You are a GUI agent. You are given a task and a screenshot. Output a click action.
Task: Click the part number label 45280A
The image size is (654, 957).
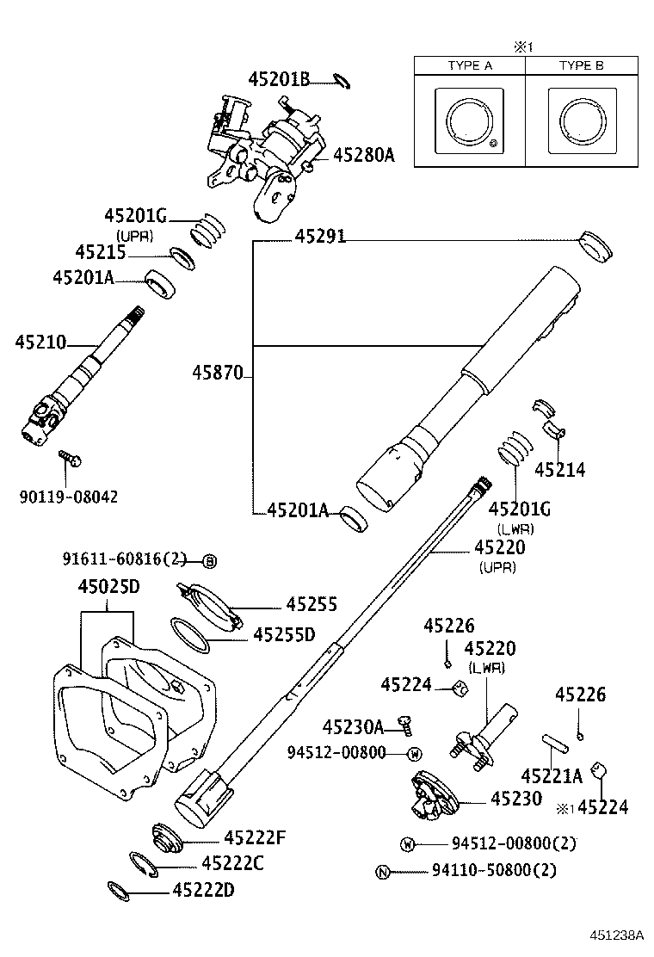(x=363, y=155)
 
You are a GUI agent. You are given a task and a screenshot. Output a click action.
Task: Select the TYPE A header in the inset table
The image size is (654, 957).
(x=469, y=65)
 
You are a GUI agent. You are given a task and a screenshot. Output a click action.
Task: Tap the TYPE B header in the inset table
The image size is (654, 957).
(x=581, y=65)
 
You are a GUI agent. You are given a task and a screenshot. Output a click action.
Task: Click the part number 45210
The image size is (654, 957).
(x=40, y=343)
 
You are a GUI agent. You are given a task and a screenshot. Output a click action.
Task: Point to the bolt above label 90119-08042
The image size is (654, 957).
(x=68, y=457)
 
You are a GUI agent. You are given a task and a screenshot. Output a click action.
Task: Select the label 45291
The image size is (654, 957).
(x=320, y=236)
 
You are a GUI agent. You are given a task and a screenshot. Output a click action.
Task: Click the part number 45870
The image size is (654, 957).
(x=217, y=373)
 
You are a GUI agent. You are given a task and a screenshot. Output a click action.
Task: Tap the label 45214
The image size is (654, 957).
(x=559, y=469)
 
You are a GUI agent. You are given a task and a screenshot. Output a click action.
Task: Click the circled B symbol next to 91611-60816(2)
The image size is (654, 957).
(x=209, y=561)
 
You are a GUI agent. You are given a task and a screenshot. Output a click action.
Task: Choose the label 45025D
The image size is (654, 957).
(x=108, y=587)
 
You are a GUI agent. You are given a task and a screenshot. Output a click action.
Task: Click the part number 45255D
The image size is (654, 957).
(x=284, y=634)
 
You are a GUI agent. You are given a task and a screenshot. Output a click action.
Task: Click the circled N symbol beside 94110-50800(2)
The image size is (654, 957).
(x=383, y=872)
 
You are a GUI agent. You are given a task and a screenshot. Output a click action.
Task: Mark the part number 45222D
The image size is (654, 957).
(x=203, y=889)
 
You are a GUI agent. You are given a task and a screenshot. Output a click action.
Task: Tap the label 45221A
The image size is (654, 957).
(x=552, y=775)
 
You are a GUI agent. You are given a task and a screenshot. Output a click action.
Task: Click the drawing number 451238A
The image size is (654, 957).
(x=616, y=935)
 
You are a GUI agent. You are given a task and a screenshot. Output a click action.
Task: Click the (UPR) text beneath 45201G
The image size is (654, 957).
(x=134, y=234)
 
